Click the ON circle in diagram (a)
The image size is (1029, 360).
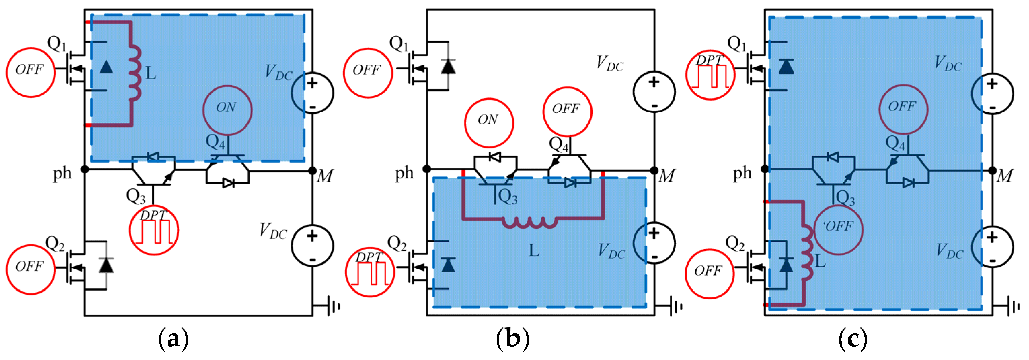click(x=227, y=110)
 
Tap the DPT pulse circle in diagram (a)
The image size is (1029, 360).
click(x=154, y=230)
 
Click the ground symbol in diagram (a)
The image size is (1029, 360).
click(x=333, y=306)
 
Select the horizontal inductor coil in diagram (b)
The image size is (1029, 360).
click(x=530, y=222)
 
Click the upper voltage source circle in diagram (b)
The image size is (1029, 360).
click(x=654, y=92)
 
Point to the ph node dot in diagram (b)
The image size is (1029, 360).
click(x=427, y=169)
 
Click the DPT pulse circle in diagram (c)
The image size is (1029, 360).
click(x=710, y=75)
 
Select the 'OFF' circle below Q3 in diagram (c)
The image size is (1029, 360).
click(x=838, y=230)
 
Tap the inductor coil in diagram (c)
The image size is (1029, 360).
click(x=807, y=253)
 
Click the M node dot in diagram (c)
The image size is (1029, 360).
click(x=992, y=171)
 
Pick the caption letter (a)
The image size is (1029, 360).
click(x=174, y=339)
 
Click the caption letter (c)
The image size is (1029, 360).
click(x=852, y=339)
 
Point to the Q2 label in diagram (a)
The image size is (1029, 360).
click(x=55, y=243)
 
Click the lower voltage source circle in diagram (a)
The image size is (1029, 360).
click(x=312, y=246)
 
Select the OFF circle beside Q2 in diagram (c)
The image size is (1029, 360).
click(x=710, y=274)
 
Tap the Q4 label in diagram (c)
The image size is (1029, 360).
click(x=895, y=143)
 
